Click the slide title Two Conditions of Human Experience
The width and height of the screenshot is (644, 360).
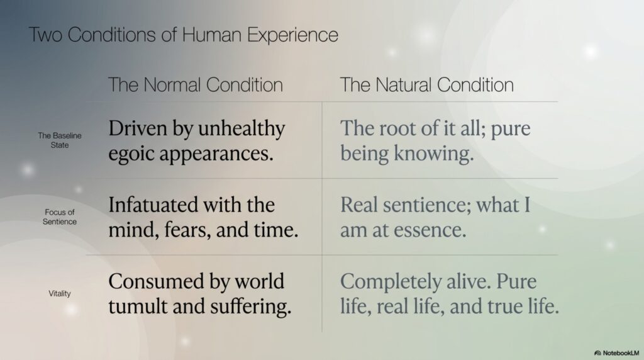[184, 35]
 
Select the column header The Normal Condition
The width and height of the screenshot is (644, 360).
[196, 85]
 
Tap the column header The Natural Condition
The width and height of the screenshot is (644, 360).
[427, 85]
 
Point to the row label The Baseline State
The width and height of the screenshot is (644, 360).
[60, 140]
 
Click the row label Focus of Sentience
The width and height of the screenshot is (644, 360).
[60, 217]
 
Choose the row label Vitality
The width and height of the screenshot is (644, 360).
[60, 293]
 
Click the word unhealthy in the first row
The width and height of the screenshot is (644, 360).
[241, 128]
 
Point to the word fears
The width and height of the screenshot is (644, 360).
[187, 230]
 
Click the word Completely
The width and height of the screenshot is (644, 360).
[391, 282]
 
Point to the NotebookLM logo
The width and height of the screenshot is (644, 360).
[616, 353]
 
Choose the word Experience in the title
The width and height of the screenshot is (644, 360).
[292, 35]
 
